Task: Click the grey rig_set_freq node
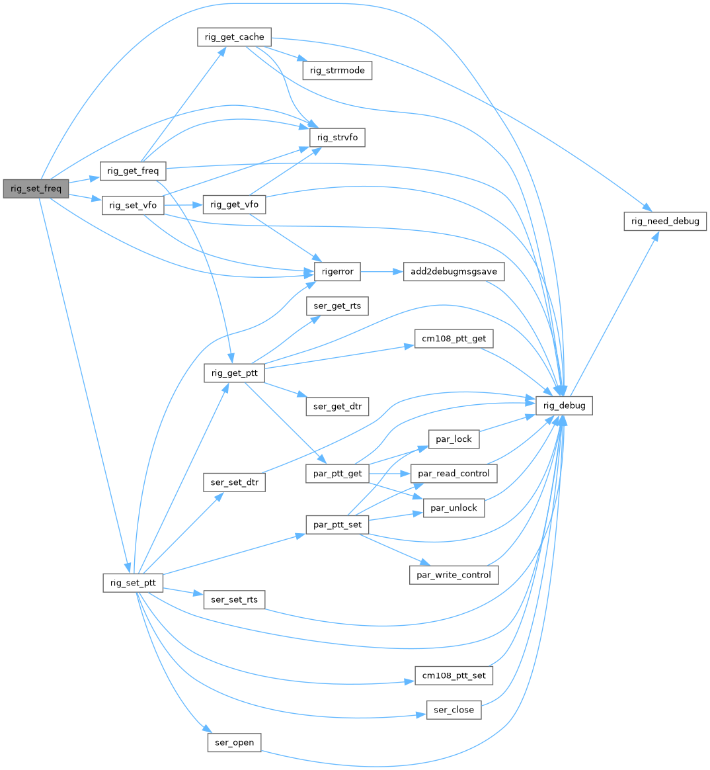(x=36, y=189)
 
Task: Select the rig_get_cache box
(x=234, y=37)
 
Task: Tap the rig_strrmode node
(x=337, y=70)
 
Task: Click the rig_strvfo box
(x=337, y=138)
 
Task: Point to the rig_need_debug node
(x=665, y=221)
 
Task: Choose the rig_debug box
(x=564, y=406)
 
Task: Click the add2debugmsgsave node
(x=454, y=271)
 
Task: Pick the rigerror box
(x=337, y=271)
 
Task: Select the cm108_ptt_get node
(x=454, y=339)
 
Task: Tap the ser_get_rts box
(x=337, y=306)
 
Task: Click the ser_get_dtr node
(x=337, y=406)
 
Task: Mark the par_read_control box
(x=454, y=473)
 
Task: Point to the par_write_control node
(x=454, y=575)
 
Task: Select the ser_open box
(x=235, y=742)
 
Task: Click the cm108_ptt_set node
(x=454, y=675)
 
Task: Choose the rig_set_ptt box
(x=133, y=583)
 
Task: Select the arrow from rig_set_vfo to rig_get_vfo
(x=182, y=205)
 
